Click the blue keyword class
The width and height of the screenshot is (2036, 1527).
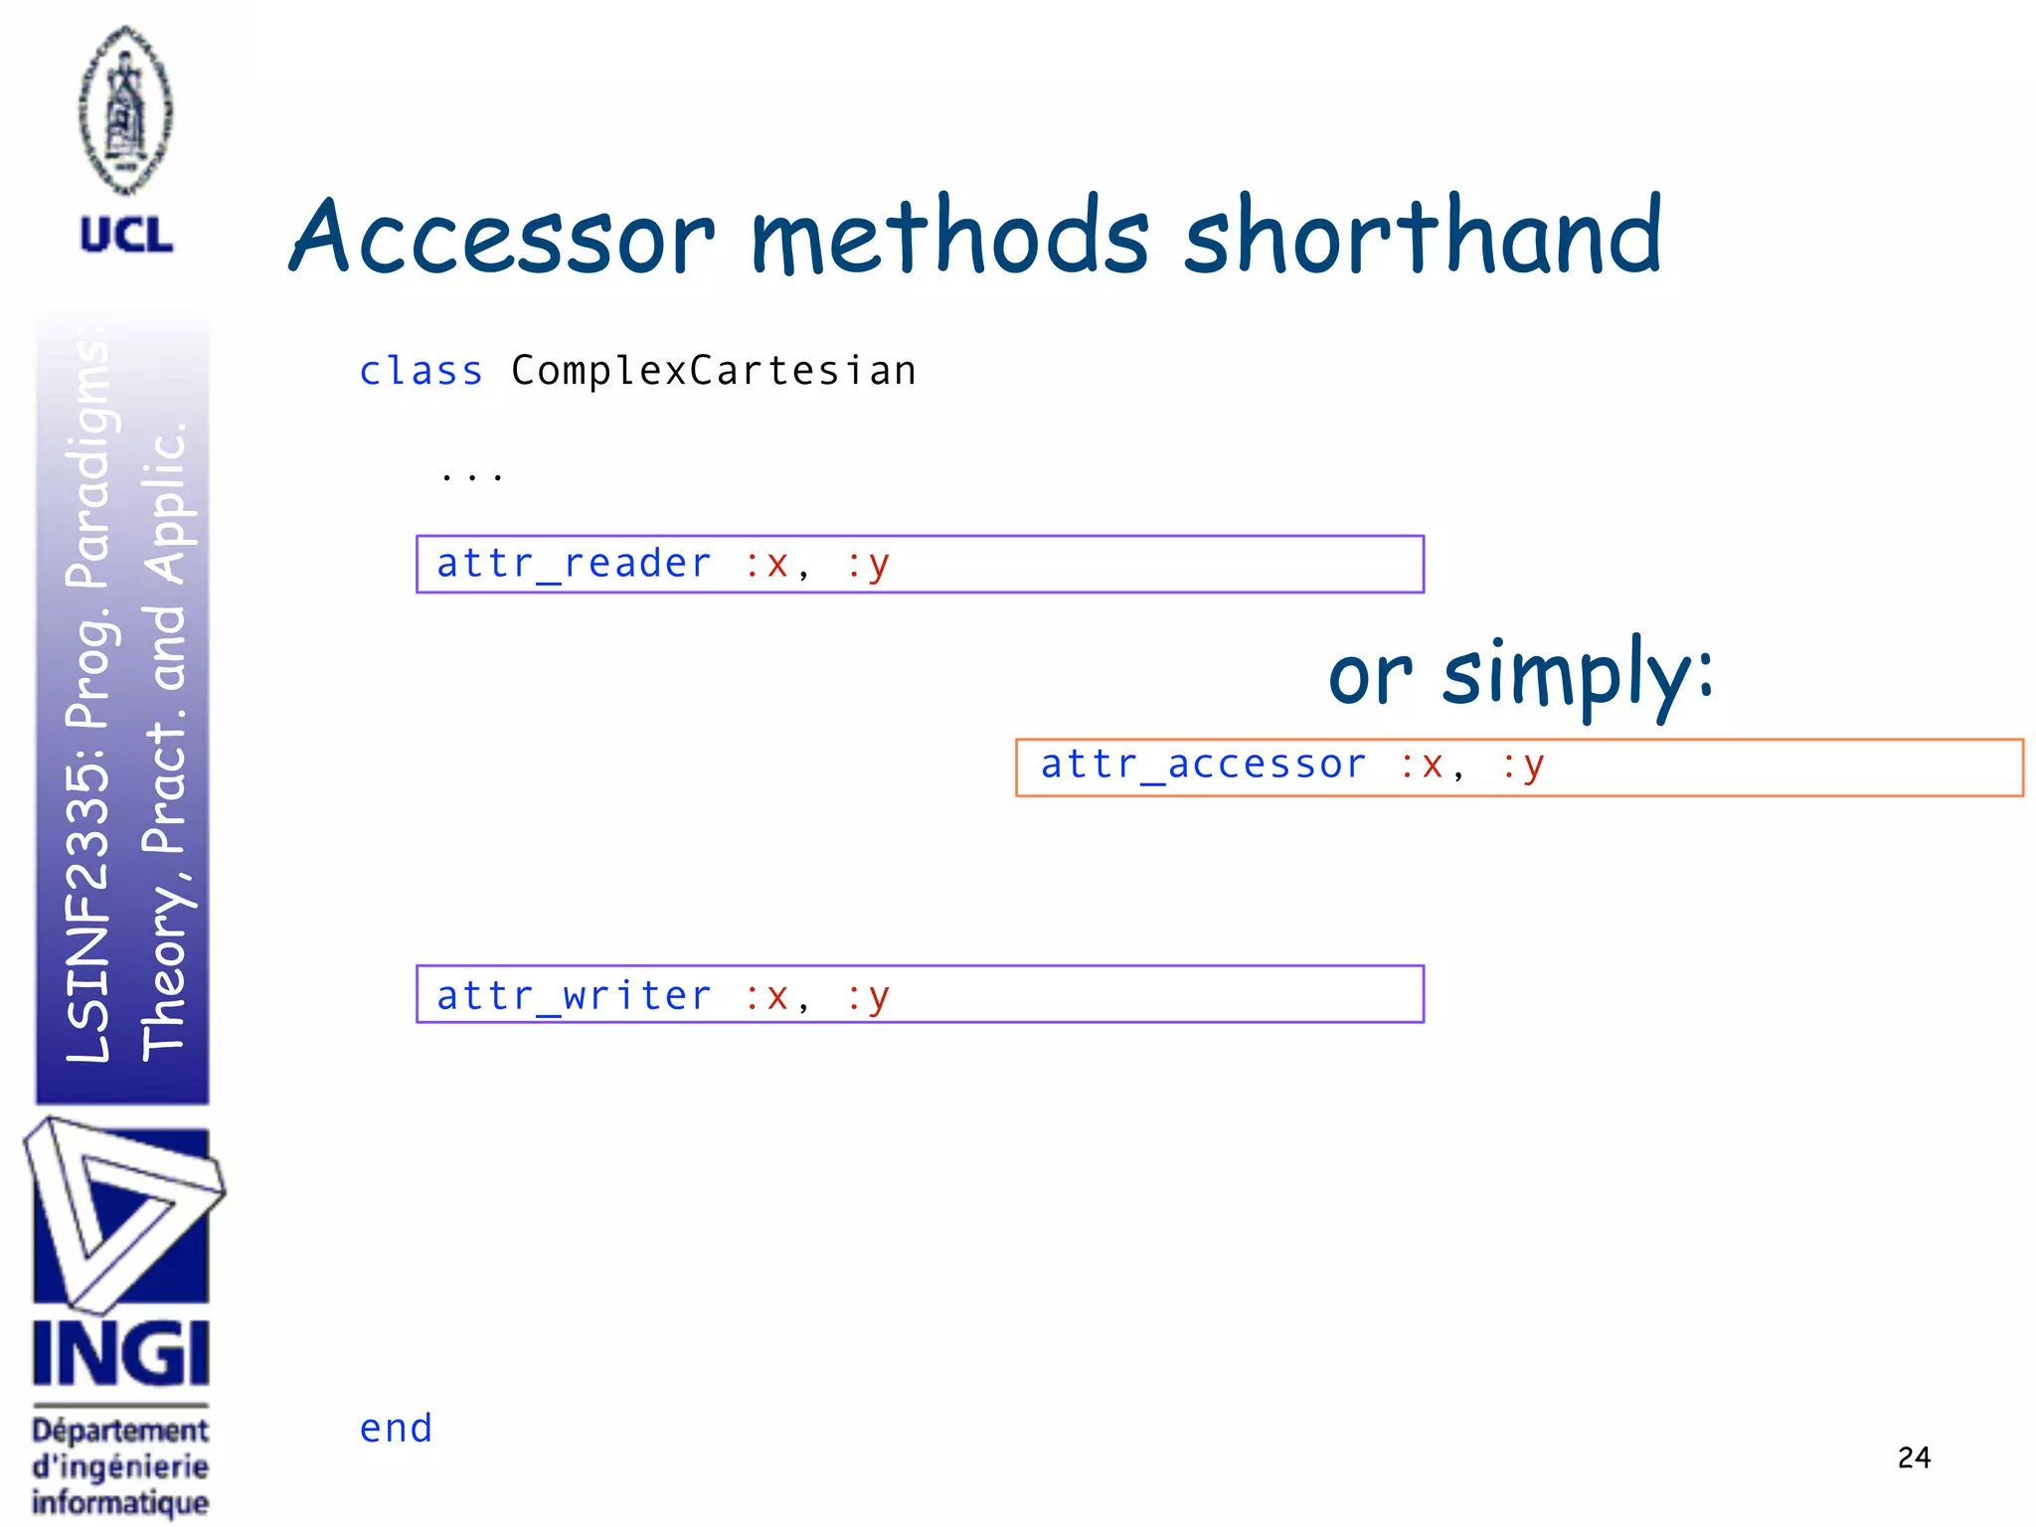421,371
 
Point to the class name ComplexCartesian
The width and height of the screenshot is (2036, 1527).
713,371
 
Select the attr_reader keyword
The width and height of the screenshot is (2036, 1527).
574,564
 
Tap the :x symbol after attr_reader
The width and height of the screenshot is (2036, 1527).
766,564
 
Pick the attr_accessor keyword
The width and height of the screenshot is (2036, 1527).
1203,764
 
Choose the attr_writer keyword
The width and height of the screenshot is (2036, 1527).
574,995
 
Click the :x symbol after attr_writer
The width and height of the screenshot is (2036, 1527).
766,995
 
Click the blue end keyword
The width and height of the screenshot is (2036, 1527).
396,1429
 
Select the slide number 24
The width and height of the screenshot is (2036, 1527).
1914,1457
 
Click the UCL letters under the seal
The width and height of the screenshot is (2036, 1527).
126,236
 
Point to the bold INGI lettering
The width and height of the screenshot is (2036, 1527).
121,1353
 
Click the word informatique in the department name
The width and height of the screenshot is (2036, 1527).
120,1502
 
